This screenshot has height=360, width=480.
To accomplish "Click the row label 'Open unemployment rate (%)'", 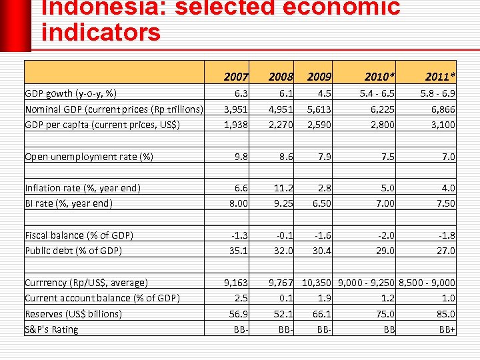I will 89,157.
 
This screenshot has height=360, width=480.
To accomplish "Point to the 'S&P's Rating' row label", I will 51,329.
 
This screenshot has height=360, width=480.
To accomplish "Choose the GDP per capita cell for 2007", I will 235,125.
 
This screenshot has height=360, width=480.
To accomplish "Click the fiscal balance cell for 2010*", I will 385,235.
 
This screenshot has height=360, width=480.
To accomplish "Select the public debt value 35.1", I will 239,251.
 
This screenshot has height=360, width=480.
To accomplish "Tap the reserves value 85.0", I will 445,313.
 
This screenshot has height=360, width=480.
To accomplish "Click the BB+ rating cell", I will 447,329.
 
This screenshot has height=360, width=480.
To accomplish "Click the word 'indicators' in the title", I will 101,32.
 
